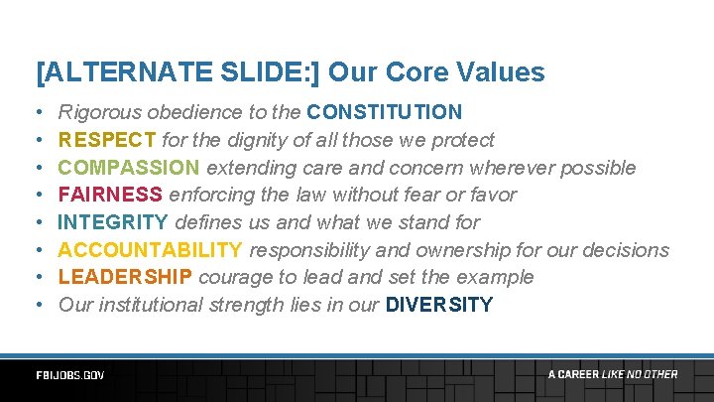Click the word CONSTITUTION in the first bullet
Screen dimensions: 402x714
click(x=385, y=112)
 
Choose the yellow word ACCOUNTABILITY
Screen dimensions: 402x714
click(x=150, y=250)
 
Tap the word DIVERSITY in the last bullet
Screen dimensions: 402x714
click(x=438, y=305)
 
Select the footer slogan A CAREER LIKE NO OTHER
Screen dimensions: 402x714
click(x=613, y=374)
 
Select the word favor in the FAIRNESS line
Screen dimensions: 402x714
click(x=493, y=195)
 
